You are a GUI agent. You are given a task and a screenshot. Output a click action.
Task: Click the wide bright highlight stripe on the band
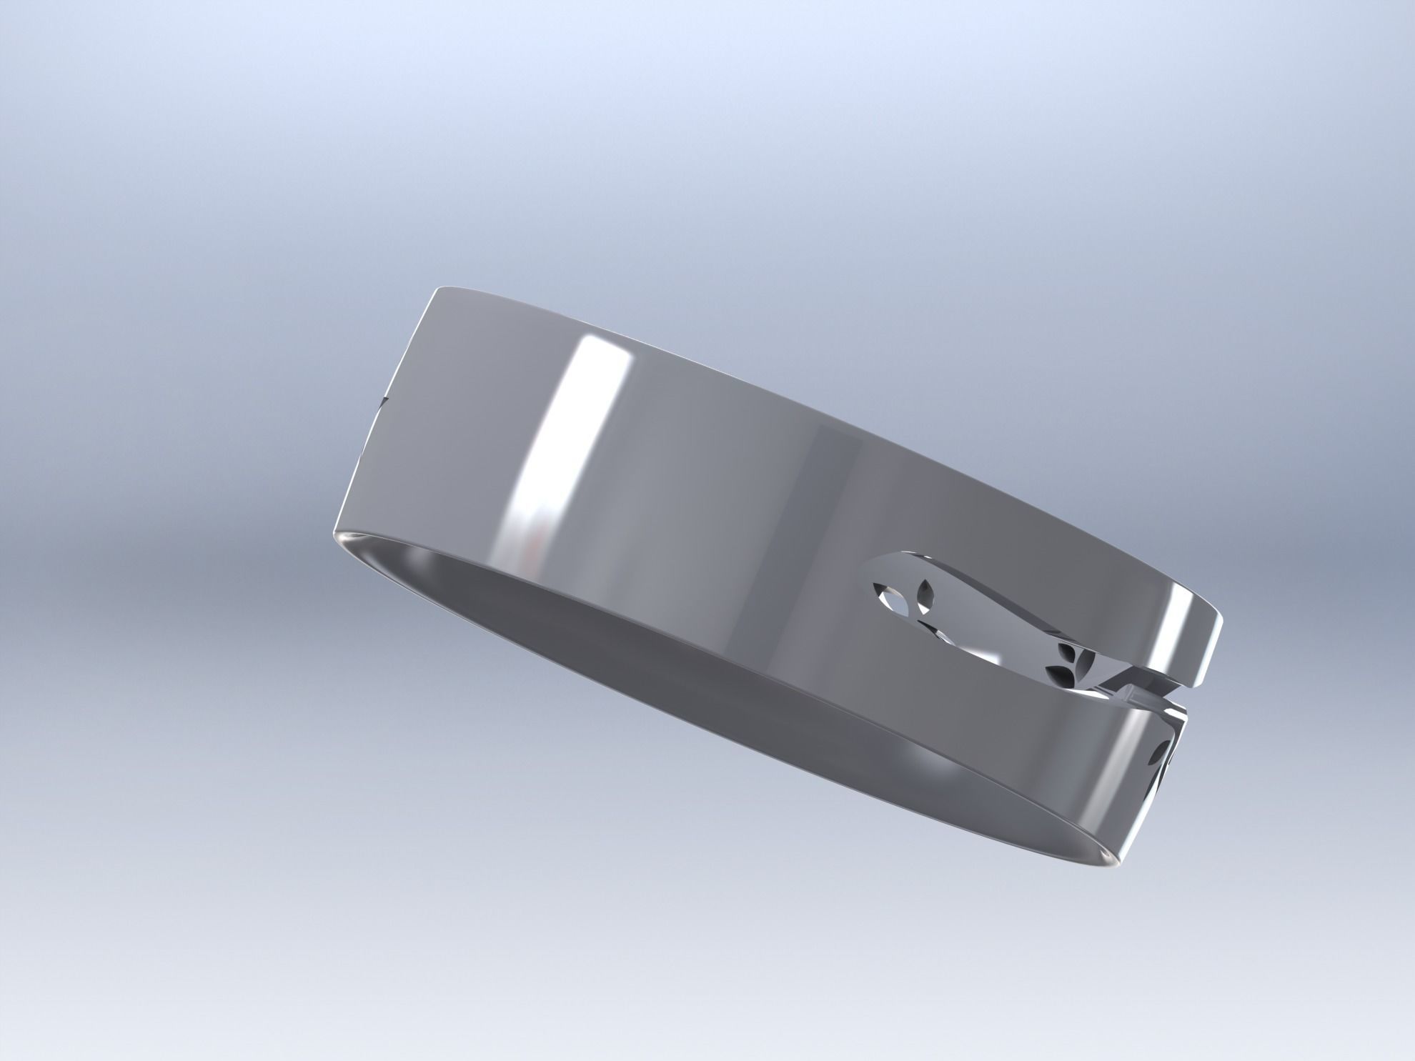coord(565,443)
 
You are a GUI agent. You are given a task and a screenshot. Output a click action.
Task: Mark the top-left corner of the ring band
coord(438,289)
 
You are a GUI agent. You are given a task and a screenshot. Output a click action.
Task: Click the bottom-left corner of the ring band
coord(335,536)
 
